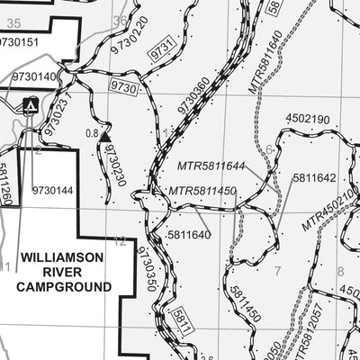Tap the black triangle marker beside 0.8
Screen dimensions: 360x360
(x=104, y=137)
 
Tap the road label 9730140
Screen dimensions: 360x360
(x=32, y=76)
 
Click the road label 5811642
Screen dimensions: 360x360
(x=313, y=178)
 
